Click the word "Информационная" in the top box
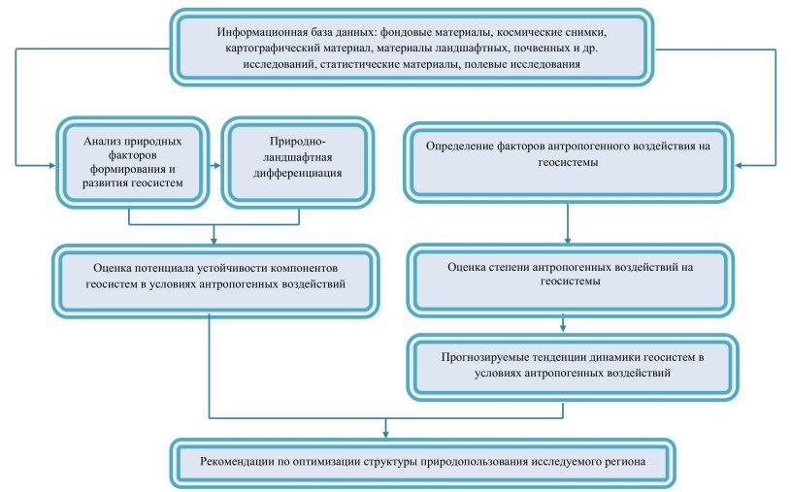click(262, 33)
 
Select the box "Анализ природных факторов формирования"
click(132, 162)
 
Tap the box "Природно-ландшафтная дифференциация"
click(298, 162)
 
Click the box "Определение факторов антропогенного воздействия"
click(568, 162)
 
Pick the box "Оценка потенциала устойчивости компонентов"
click(215, 281)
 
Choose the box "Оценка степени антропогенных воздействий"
click(570, 280)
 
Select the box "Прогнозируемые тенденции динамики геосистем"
click(572, 367)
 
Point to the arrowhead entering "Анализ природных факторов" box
click(51, 165)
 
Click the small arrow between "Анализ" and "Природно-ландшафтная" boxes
click(215, 165)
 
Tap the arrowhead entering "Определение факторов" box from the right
click(738, 165)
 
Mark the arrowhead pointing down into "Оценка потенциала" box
click(214, 242)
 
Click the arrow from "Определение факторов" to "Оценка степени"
click(568, 223)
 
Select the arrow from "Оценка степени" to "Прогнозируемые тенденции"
click(563, 324)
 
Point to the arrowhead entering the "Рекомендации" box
click(386, 434)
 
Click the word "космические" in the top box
click(528, 33)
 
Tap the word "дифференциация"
click(298, 174)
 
